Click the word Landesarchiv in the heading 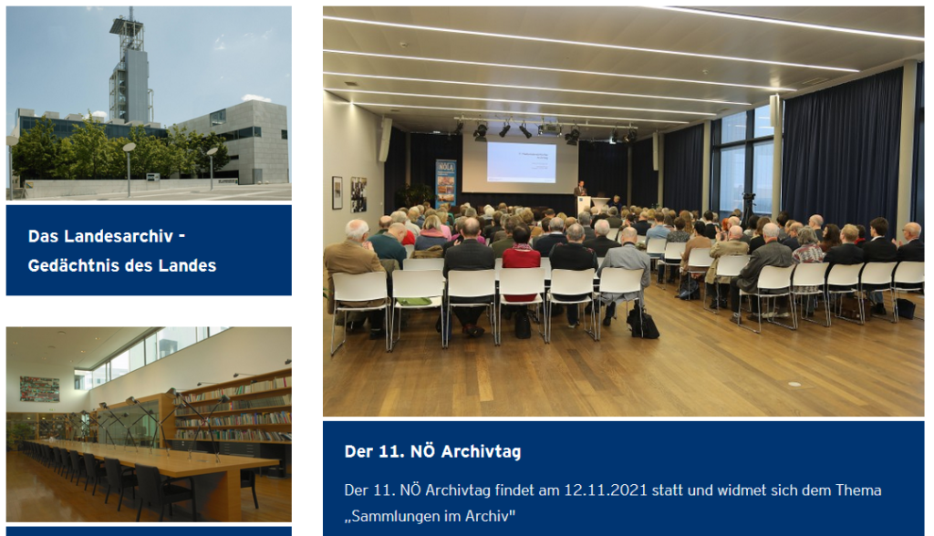(x=118, y=236)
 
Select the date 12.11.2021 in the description (x=606, y=490)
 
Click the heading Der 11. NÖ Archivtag (x=432, y=451)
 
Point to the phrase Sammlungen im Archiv (x=431, y=516)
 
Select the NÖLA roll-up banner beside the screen (x=445, y=183)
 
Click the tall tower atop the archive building (x=130, y=68)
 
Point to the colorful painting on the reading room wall (x=39, y=389)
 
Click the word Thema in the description (x=858, y=490)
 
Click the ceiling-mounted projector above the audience (x=550, y=129)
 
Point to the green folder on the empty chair (x=414, y=302)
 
